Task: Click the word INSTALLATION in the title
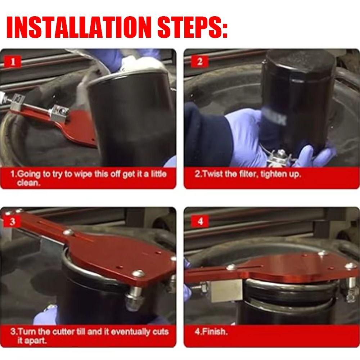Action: (78, 27)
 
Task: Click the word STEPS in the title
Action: (192, 27)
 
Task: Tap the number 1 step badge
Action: (13, 62)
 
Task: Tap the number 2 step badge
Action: (200, 62)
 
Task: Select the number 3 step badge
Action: (12, 221)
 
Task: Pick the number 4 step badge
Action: (200, 221)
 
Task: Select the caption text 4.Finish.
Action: (211, 332)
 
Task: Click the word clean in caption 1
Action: (28, 183)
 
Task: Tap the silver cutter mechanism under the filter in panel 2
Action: (279, 158)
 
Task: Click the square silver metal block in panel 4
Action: (226, 291)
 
